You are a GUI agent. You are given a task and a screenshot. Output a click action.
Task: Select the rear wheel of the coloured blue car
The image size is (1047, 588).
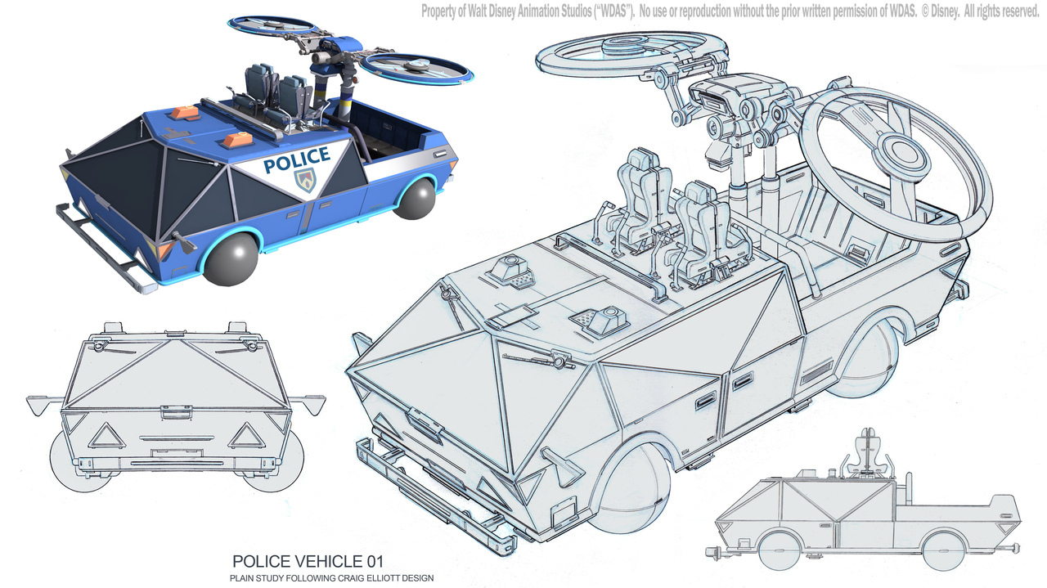[415, 198]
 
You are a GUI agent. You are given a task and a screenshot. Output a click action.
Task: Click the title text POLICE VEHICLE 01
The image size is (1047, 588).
[307, 562]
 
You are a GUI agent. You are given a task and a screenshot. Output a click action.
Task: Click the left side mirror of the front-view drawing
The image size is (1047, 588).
[43, 403]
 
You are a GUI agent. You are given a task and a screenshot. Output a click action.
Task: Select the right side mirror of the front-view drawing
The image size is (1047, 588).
[311, 402]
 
